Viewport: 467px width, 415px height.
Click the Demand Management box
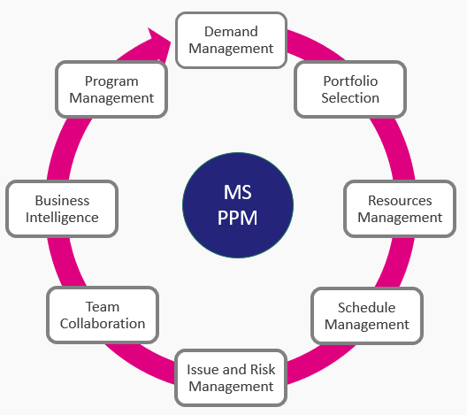(x=231, y=40)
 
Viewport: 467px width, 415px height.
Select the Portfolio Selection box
(x=350, y=89)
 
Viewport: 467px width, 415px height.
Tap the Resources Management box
(x=400, y=209)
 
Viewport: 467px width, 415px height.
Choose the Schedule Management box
(x=367, y=316)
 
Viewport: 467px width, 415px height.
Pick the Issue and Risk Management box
(x=231, y=378)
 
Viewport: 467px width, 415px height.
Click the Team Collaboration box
(x=103, y=315)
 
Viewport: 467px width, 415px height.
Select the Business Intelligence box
(x=62, y=209)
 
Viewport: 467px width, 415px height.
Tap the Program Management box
(x=111, y=89)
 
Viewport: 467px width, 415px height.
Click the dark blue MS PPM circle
(x=238, y=205)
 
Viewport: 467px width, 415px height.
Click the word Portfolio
(x=350, y=81)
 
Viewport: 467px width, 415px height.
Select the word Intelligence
(x=62, y=218)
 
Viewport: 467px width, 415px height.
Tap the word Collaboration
(x=103, y=324)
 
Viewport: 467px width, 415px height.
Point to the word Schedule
(x=367, y=307)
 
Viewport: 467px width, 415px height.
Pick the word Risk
(x=263, y=369)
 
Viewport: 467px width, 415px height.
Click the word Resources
(x=400, y=201)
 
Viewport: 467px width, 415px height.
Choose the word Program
(x=111, y=81)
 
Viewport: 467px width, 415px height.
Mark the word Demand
(x=231, y=32)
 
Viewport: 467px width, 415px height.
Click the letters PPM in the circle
(x=237, y=218)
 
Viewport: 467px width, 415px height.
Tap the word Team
(x=103, y=306)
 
